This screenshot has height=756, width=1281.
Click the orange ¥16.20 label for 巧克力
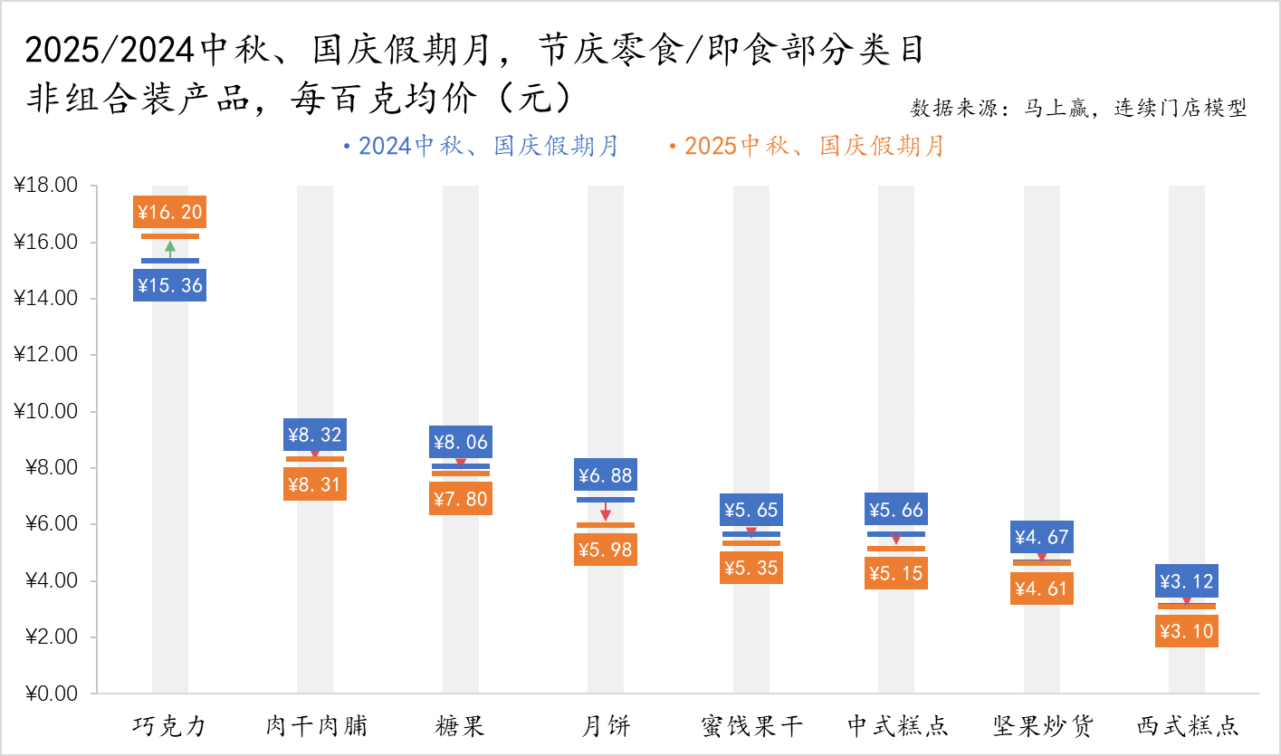(x=170, y=213)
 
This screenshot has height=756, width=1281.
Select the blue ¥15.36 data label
(x=170, y=286)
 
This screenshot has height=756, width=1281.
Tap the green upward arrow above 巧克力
(x=170, y=248)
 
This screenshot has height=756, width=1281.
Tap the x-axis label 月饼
(x=605, y=725)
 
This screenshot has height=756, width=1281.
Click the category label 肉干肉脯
(x=316, y=725)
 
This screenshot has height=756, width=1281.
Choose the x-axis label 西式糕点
(x=1187, y=725)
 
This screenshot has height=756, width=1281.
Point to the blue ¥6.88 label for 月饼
(x=605, y=474)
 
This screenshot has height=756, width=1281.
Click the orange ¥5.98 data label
(x=605, y=550)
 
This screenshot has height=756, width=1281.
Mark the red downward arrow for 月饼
(x=605, y=512)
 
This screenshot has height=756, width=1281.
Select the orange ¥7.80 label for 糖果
(x=461, y=499)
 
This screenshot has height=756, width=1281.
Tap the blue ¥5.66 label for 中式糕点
(x=895, y=510)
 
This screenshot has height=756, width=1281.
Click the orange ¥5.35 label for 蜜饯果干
(x=750, y=568)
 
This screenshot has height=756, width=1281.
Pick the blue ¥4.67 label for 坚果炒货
(x=1041, y=537)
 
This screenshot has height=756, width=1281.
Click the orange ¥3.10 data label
(x=1186, y=631)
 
